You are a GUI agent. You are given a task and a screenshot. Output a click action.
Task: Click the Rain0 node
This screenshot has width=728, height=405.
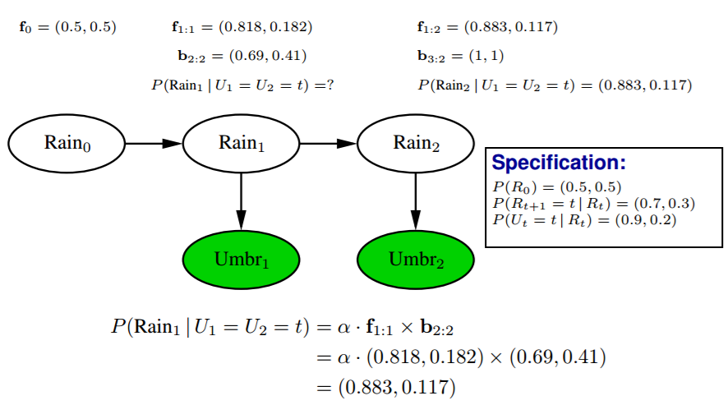point(67,143)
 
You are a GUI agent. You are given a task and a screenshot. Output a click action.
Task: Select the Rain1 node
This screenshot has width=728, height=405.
point(241,143)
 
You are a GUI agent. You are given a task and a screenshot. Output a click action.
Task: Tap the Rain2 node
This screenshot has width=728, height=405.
point(416,143)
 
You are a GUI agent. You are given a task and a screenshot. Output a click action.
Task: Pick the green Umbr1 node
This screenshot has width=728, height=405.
point(241,260)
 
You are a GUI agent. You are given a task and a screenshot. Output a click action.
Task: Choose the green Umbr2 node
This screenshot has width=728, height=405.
point(416,260)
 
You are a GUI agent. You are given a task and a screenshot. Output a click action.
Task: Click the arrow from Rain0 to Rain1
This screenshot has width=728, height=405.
point(154,143)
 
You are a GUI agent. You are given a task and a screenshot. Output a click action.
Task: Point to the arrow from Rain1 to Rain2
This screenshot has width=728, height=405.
point(329,143)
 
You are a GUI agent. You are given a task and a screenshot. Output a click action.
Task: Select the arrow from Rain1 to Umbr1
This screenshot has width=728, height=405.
point(241,201)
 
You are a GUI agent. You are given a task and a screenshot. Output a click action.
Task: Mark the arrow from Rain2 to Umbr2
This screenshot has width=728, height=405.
point(416,201)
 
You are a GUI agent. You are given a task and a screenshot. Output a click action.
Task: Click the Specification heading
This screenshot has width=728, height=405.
point(558,162)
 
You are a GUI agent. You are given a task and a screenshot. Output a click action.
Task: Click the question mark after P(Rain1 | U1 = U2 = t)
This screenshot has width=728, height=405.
point(329,85)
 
